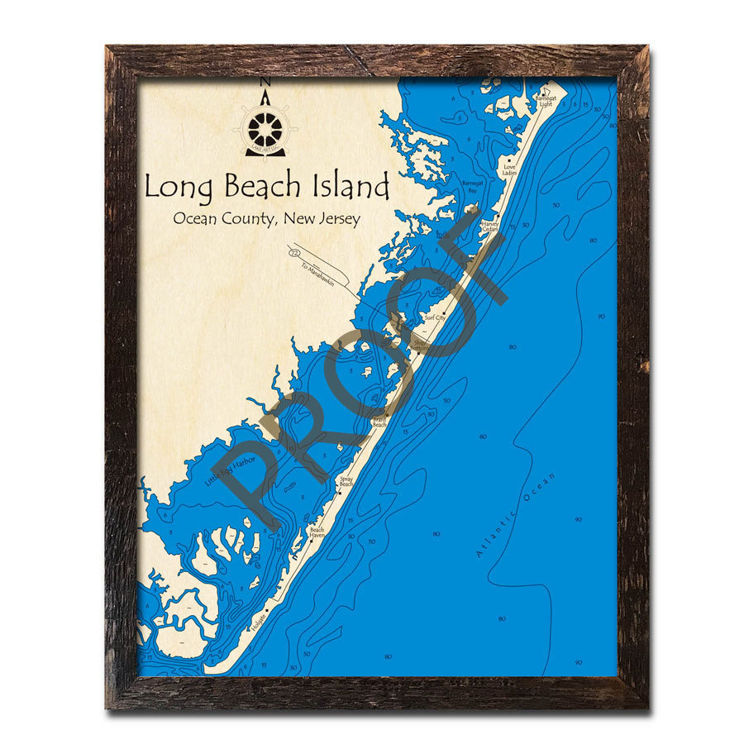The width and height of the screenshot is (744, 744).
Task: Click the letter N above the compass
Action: click(265, 82)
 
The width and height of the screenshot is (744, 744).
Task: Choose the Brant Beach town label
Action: click(380, 422)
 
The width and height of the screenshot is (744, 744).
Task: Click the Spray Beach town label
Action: click(346, 481)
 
